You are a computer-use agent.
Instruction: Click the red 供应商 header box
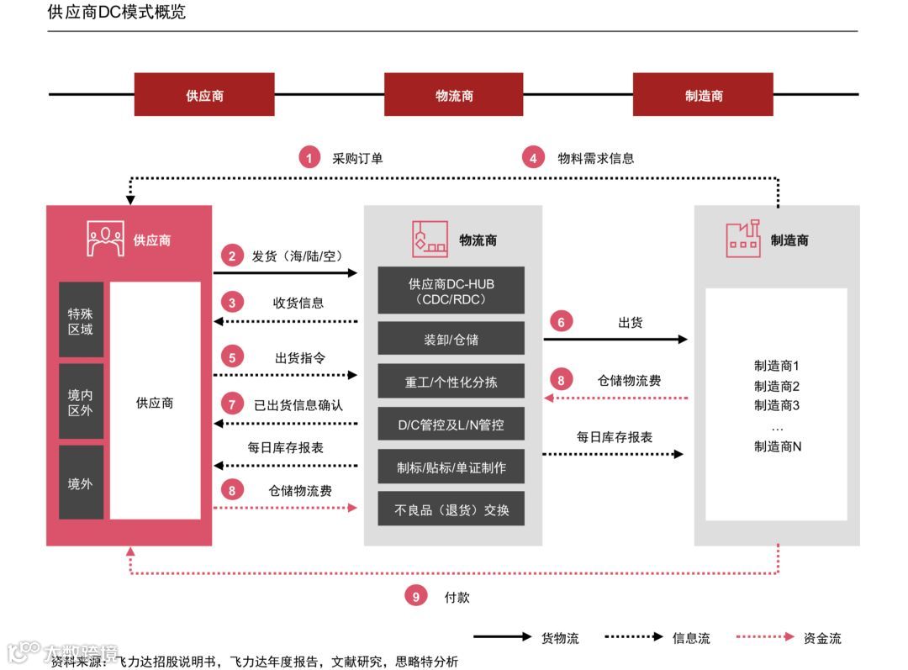pos(204,95)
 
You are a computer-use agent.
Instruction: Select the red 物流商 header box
pos(454,95)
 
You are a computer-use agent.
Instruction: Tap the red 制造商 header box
pos(703,95)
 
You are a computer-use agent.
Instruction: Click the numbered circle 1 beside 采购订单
pos(310,157)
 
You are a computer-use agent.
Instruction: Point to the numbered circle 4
pos(533,157)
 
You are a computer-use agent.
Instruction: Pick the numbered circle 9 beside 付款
pos(416,597)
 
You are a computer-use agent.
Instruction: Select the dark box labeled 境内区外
pos(81,402)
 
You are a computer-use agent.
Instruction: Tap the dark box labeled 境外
pos(81,483)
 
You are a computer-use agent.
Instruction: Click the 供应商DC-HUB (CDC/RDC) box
pos(451,291)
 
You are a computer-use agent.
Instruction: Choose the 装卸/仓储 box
pos(451,340)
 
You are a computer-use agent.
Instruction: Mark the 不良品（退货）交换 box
pos(451,509)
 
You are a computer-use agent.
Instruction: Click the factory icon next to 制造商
pos(743,239)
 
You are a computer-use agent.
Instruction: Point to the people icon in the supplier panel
pos(105,239)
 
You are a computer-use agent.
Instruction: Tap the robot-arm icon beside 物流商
pos(429,239)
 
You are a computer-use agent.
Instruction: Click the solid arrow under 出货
pos(615,340)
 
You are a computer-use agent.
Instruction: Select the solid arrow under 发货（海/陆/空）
pos(286,272)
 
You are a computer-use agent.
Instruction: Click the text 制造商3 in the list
pos(776,406)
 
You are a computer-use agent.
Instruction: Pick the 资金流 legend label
pos(822,638)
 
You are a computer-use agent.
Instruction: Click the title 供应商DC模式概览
pos(117,13)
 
